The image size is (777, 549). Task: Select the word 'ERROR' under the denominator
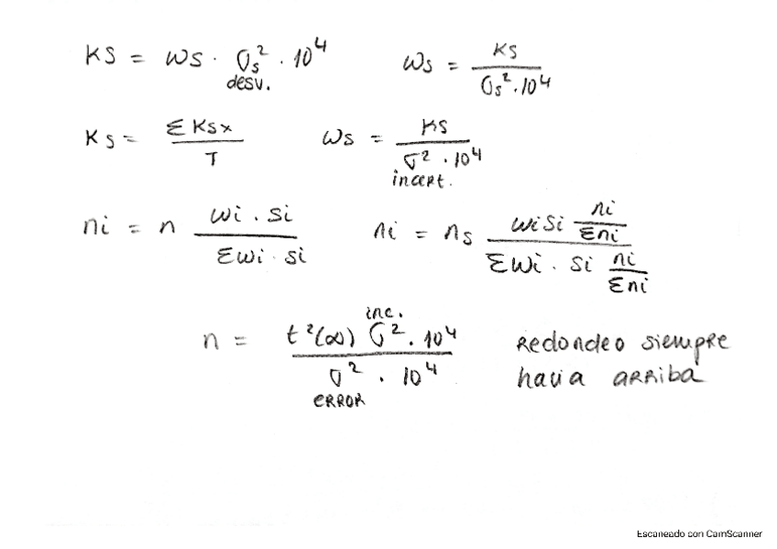click(339, 400)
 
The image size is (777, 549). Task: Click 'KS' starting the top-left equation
click(100, 59)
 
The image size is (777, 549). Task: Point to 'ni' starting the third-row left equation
click(95, 225)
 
